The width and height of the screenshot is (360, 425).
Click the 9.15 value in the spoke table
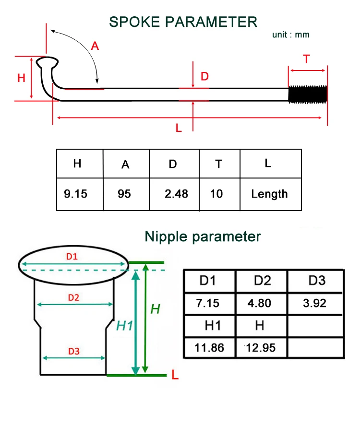[x=75, y=194]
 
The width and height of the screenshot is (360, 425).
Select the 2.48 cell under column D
[x=176, y=194]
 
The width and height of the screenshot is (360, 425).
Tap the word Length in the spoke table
[x=269, y=194]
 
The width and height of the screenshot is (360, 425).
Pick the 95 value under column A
[x=124, y=194]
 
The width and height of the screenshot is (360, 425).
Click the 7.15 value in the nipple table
[x=207, y=303]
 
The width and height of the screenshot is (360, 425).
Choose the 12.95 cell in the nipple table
[x=261, y=348]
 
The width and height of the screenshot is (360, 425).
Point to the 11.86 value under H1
[x=209, y=348]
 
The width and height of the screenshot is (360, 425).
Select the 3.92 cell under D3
[x=315, y=303]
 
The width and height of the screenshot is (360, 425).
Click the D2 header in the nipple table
[x=263, y=281]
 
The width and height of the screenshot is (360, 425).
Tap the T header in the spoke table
[x=219, y=164]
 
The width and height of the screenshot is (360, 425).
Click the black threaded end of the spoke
[x=308, y=94]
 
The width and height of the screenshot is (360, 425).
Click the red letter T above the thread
[x=306, y=59]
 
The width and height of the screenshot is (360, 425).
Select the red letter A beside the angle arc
[x=95, y=46]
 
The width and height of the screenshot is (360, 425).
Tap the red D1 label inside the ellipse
[x=72, y=257]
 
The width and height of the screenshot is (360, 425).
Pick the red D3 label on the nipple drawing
[x=74, y=351]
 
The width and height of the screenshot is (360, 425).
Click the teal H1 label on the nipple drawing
[x=124, y=326]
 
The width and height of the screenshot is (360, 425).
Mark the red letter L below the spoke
[x=179, y=128]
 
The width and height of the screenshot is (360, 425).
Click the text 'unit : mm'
[x=291, y=35]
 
